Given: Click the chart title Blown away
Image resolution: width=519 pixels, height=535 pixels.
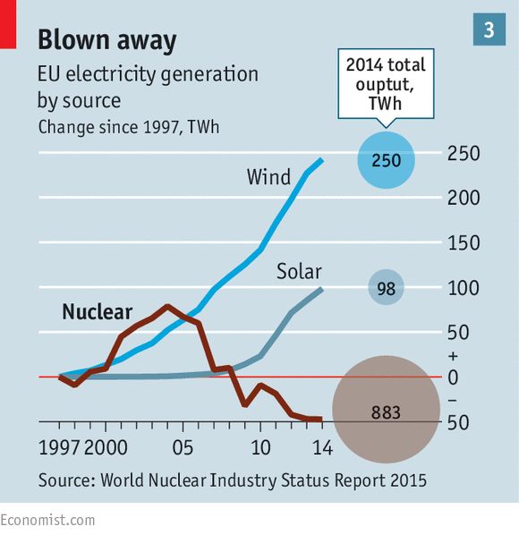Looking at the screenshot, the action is pyautogui.click(x=107, y=40).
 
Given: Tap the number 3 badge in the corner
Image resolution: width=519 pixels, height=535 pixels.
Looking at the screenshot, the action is pyautogui.click(x=489, y=30).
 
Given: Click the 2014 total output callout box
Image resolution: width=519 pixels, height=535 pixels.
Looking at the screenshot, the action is pyautogui.click(x=386, y=84).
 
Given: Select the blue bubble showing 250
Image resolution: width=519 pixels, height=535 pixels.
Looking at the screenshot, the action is pyautogui.click(x=386, y=160).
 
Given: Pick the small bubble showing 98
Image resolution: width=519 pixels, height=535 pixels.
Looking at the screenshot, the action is pyautogui.click(x=386, y=287).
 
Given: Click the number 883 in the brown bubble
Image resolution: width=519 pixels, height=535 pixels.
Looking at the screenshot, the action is pyautogui.click(x=386, y=412).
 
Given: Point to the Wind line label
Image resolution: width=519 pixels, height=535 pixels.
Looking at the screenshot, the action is pyautogui.click(x=268, y=177).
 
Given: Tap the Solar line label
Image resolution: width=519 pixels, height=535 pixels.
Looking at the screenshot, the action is pyautogui.click(x=299, y=272).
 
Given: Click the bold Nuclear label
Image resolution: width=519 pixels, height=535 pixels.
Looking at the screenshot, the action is pyautogui.click(x=98, y=312).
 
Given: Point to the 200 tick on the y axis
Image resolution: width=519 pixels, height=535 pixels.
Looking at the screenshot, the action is pyautogui.click(x=464, y=198).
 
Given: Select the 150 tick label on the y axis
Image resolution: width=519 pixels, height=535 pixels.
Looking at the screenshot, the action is pyautogui.click(x=464, y=243).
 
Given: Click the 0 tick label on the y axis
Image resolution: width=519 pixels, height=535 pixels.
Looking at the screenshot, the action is pyautogui.click(x=453, y=378).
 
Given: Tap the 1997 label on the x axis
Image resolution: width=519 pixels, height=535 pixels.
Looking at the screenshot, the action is pyautogui.click(x=59, y=447).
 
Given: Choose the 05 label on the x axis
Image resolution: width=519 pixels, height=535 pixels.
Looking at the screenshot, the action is pyautogui.click(x=183, y=447).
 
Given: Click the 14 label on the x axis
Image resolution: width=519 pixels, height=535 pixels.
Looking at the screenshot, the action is pyautogui.click(x=322, y=447).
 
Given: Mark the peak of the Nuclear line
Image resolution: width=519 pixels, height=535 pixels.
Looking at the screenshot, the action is pyautogui.click(x=167, y=306).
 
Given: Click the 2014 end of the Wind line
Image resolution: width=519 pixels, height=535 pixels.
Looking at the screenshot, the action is pyautogui.click(x=321, y=159).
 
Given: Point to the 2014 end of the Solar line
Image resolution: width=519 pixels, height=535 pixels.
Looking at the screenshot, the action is pyautogui.click(x=321, y=289).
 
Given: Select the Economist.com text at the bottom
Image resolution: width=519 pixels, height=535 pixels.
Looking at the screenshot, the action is pyautogui.click(x=47, y=521).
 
